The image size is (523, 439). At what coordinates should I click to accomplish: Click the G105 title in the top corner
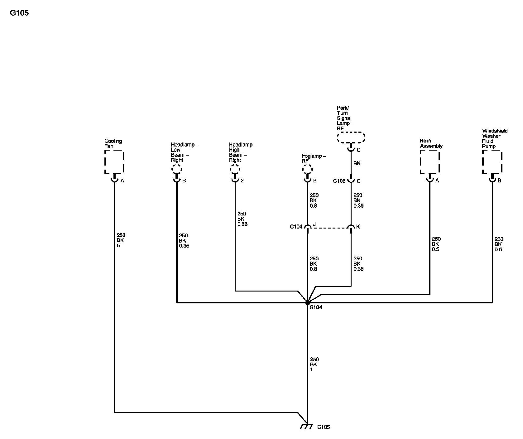coord(19,13)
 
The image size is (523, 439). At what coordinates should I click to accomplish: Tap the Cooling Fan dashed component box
coord(114,162)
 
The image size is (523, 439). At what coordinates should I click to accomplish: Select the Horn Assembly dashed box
coord(429,162)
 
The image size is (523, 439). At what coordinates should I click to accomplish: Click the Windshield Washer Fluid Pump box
coord(492,162)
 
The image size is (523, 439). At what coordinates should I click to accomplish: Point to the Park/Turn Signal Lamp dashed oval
coord(351,137)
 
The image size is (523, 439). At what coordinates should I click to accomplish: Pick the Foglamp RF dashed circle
coord(307,170)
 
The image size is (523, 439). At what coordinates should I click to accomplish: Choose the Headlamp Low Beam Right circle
coord(177,170)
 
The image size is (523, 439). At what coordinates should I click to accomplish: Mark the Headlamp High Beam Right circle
coord(235,170)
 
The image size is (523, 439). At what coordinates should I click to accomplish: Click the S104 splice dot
coord(308,303)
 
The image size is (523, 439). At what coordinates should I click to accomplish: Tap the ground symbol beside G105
coord(306,427)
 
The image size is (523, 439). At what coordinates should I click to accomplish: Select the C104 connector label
coord(296,227)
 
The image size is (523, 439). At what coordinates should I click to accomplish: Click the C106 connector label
coord(339,181)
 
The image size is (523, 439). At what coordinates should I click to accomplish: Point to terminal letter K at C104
coord(358,227)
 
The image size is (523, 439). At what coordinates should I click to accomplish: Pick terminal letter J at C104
coord(314,224)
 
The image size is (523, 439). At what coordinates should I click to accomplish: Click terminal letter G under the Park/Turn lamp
coord(358,150)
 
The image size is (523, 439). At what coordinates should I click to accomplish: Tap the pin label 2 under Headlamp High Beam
coord(242,181)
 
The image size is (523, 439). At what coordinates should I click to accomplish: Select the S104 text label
coord(316,307)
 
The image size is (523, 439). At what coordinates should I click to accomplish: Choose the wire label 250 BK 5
coord(121,240)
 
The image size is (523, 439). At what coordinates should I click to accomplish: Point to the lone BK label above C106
coord(357,163)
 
